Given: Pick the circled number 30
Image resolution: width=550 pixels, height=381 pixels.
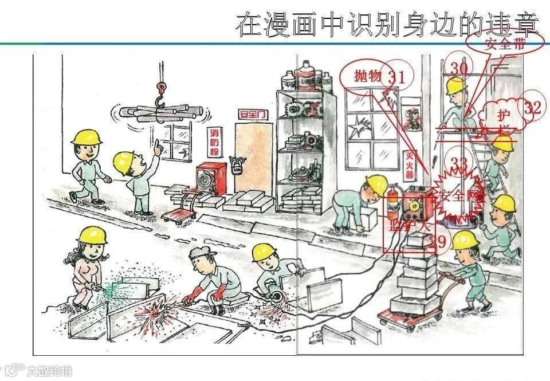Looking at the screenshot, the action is coord(458,68).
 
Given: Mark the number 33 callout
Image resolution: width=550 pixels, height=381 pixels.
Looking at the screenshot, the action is coord(459,164).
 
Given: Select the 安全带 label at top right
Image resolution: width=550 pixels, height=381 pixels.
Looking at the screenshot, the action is coord(504,44).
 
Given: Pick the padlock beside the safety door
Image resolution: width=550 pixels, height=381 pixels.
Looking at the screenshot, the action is coord(234,166).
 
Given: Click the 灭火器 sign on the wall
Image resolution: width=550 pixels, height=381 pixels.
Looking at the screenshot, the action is coord(410,158).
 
